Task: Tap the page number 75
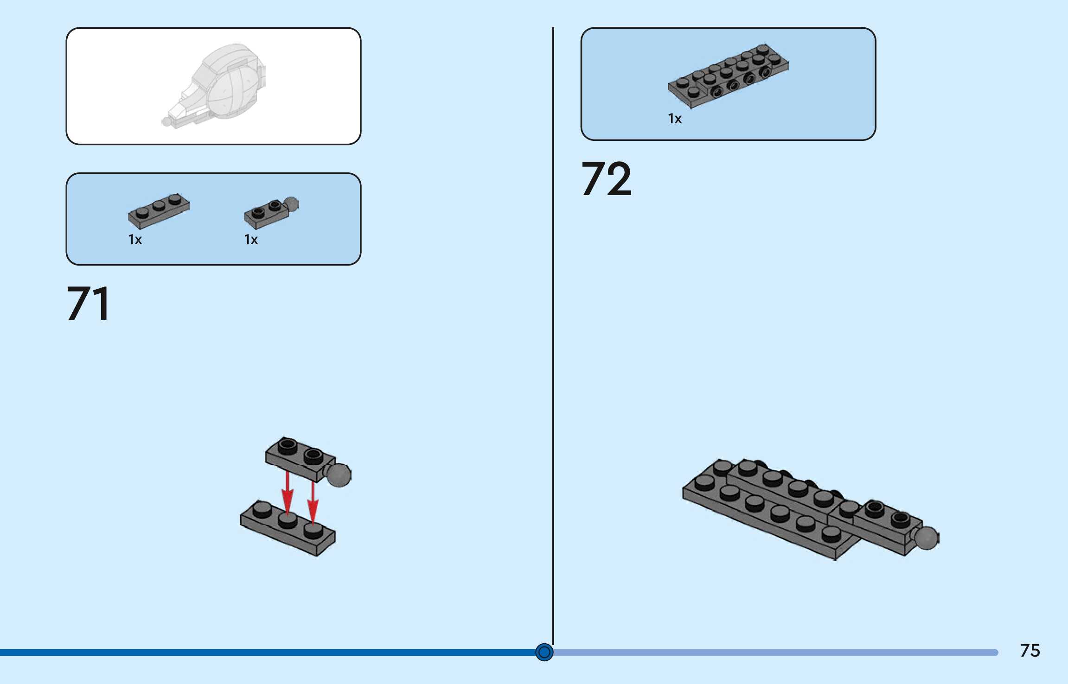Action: (x=1030, y=651)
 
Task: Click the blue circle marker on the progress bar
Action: (x=544, y=652)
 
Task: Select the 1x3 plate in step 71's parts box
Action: (x=159, y=211)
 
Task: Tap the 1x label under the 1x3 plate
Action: (x=135, y=240)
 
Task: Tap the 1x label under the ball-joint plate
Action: (x=251, y=240)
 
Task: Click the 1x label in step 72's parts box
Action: (x=675, y=119)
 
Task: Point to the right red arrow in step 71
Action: (x=313, y=503)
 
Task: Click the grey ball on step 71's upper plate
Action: (x=339, y=475)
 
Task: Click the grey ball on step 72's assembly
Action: (x=926, y=538)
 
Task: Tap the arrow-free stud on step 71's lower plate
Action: (x=262, y=510)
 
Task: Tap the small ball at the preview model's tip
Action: (x=166, y=121)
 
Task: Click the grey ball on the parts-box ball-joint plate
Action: (x=291, y=204)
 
